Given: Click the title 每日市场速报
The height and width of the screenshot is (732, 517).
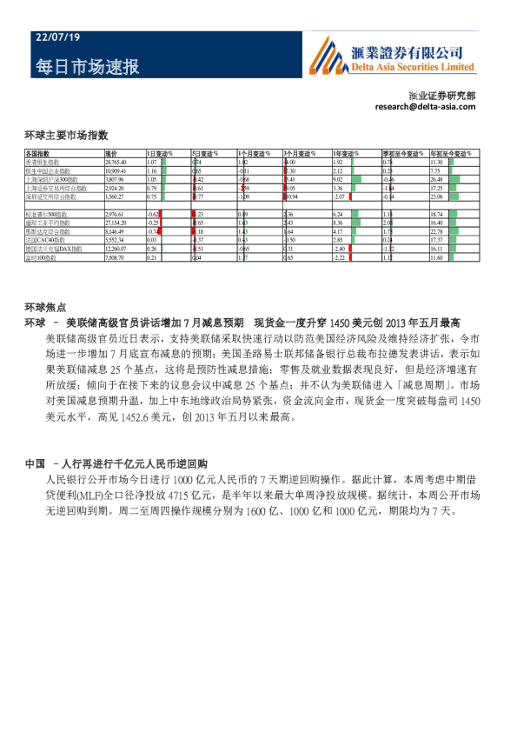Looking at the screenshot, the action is point(87,67).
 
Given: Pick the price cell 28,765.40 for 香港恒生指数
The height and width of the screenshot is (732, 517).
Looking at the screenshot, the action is point(116,163).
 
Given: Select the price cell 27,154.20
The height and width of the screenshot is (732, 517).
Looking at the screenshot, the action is point(116,223).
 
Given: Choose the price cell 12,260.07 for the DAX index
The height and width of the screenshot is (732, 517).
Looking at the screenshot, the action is point(116,249).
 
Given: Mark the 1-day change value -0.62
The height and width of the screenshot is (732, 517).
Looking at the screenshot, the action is point(152,214).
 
